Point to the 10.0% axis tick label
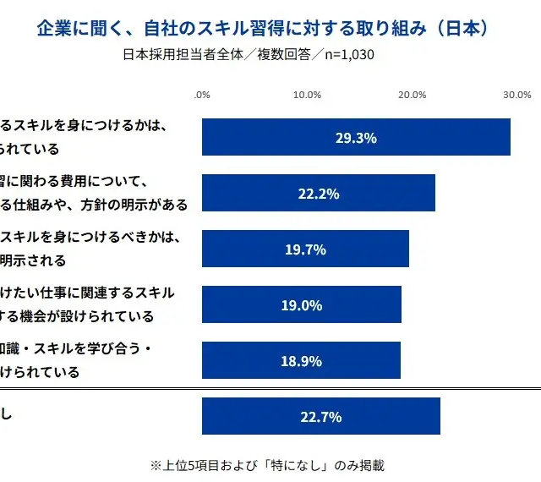coord(307,95)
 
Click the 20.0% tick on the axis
coord(412,95)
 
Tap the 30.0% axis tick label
coord(516,95)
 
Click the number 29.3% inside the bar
coord(356,137)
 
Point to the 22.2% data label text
coord(319,193)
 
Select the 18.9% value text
coord(301,360)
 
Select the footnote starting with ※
coord(267,465)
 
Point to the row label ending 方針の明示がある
coord(94,205)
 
